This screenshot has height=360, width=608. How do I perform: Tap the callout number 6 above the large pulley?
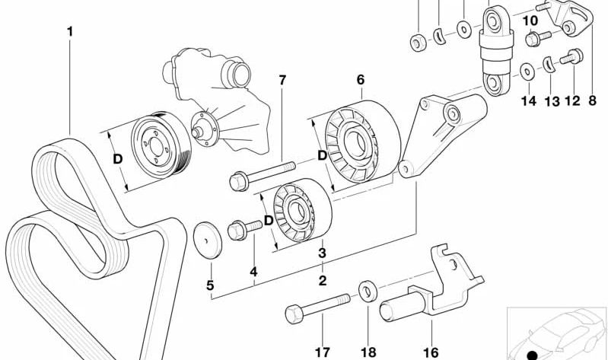[x=360, y=79]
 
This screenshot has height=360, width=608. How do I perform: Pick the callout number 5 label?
[x=212, y=287]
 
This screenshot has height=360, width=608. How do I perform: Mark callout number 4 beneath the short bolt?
[x=253, y=271]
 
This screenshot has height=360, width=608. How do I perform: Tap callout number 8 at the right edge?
[x=592, y=100]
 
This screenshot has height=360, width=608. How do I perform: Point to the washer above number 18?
[x=367, y=288]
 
